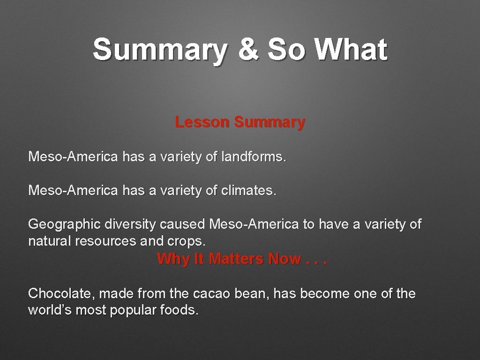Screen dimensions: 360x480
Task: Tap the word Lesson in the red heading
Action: [x=202, y=122]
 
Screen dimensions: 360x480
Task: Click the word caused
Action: [x=182, y=225]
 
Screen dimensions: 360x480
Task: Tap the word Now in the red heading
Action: [x=285, y=259]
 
